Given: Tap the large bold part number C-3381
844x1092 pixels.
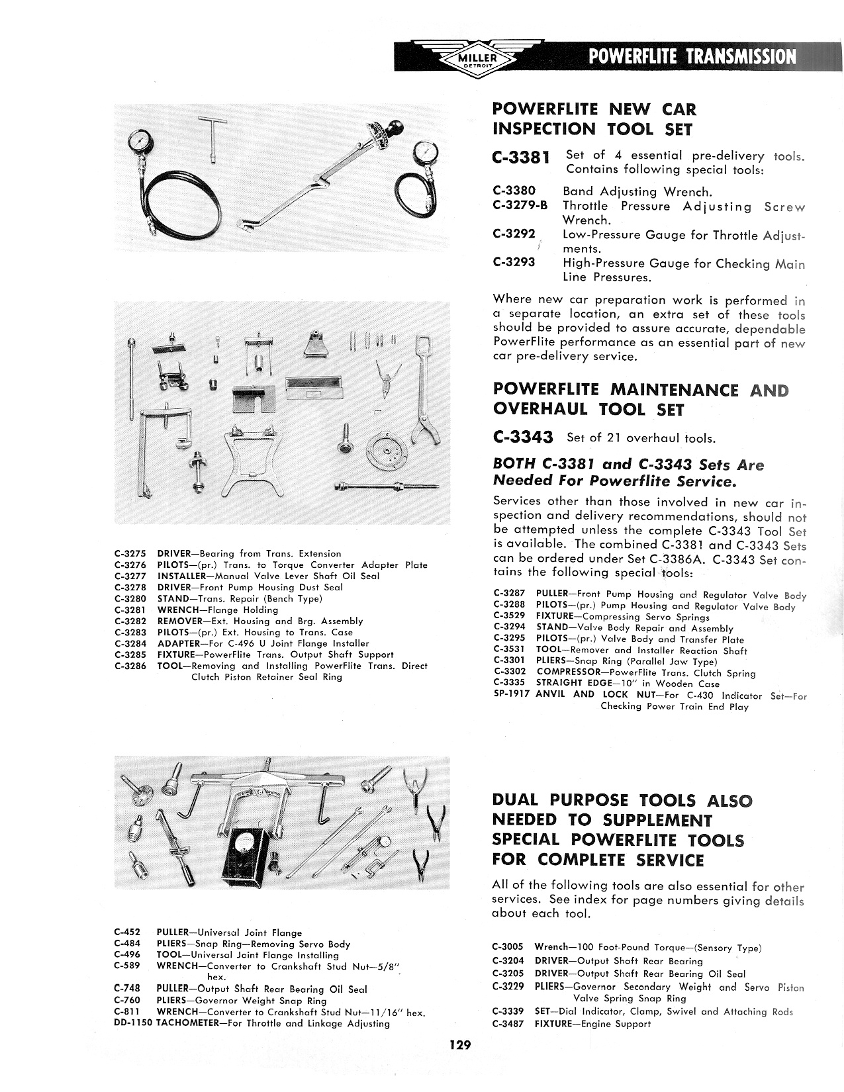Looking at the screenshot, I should [x=521, y=158].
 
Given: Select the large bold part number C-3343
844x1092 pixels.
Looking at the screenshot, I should [x=521, y=437].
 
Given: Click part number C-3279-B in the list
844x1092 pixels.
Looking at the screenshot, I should [x=520, y=206].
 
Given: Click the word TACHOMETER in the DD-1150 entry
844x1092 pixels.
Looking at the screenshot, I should [x=189, y=1023].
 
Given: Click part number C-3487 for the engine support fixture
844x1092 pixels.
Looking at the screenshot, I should [x=508, y=1024].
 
